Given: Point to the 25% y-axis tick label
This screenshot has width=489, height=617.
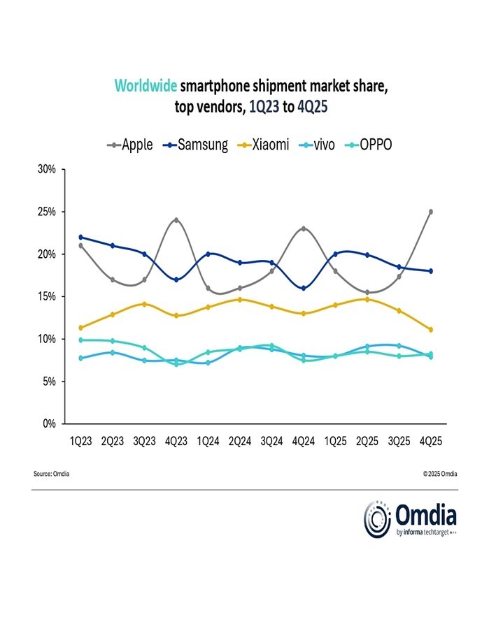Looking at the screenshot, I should (x=48, y=212).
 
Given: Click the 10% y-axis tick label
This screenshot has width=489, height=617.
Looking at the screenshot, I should (x=48, y=339).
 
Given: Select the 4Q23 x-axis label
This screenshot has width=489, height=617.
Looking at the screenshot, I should (x=176, y=442).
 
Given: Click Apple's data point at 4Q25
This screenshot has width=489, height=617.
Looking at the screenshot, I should (x=431, y=212).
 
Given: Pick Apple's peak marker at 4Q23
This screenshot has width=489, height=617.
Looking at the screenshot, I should (x=176, y=220).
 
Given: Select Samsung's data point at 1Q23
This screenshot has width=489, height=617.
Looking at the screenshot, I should (x=81, y=237).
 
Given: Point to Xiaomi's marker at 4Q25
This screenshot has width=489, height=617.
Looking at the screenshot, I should (x=431, y=329).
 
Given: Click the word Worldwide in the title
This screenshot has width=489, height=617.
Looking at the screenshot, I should (x=145, y=86).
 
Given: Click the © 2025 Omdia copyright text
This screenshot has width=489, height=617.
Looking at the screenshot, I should (x=439, y=474).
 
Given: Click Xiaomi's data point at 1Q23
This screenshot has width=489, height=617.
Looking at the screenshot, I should (x=81, y=328).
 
